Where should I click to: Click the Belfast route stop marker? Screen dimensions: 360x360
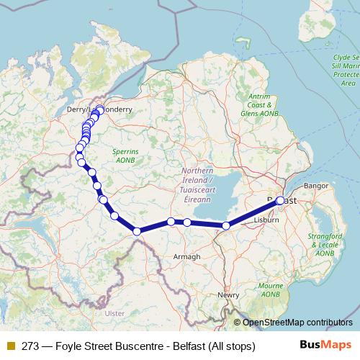[x=280, y=201]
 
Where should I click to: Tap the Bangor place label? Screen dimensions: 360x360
[x=315, y=186]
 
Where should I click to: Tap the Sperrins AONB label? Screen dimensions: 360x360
[x=130, y=156]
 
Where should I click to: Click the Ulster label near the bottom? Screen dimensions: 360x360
[x=114, y=314]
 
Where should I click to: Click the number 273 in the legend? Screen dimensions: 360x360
[x=30, y=346]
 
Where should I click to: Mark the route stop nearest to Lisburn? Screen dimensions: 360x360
[x=226, y=225]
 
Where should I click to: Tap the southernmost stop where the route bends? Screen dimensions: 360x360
[x=137, y=231]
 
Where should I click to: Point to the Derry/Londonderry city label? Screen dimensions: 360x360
[x=108, y=109]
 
